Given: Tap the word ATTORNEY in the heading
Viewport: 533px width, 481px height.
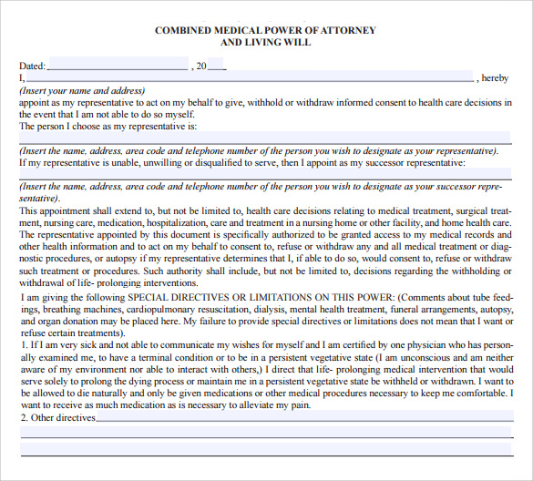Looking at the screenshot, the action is point(347,30).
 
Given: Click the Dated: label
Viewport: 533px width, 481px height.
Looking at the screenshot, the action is point(32,66).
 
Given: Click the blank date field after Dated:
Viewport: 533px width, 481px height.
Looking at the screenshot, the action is point(117,66).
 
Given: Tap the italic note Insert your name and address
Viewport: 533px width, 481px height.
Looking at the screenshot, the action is point(82,91).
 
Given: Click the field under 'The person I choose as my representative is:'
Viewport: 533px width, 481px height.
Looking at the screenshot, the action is point(264,138).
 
